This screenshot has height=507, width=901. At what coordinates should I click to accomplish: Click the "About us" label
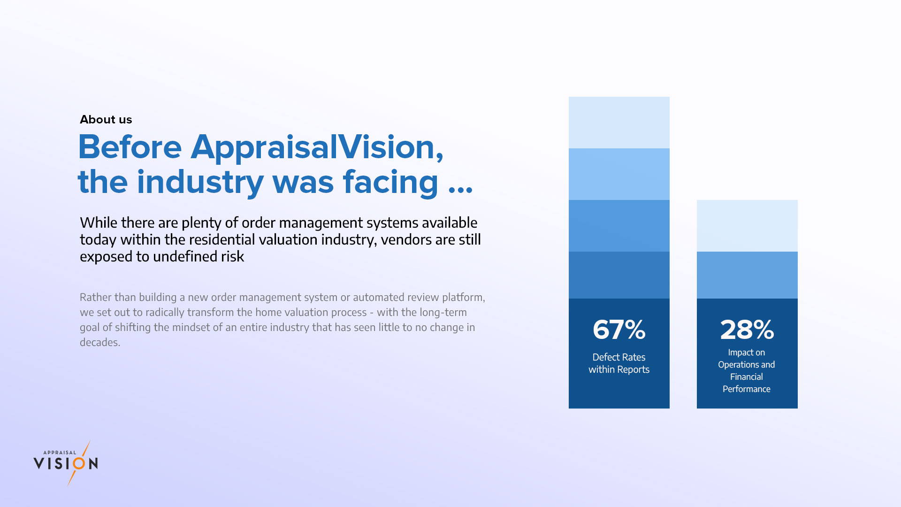coord(106,119)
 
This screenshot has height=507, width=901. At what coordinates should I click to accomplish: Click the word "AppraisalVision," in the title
coord(317,147)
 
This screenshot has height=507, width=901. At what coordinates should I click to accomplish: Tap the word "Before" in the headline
coord(130,147)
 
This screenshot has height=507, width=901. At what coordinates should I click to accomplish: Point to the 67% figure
coord(619,330)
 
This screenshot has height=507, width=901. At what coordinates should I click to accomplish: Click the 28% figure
coord(747,330)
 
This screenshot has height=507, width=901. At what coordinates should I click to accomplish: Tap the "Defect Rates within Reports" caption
coord(619,363)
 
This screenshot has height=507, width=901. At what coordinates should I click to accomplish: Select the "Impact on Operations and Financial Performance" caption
coord(747,370)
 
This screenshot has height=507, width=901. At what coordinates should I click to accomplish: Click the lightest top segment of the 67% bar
coord(619,123)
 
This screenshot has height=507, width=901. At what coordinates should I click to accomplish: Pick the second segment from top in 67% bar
coord(619,174)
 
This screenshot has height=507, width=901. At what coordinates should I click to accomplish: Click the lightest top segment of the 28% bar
coord(747,226)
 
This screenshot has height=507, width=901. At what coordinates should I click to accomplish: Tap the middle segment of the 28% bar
coord(747,275)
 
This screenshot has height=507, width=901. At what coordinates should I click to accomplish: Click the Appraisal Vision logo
coord(66,463)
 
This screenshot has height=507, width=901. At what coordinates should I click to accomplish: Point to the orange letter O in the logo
coord(80,464)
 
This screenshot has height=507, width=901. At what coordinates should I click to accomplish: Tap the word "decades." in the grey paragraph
coord(100,342)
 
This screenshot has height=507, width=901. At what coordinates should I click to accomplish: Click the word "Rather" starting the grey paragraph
coord(95,297)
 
